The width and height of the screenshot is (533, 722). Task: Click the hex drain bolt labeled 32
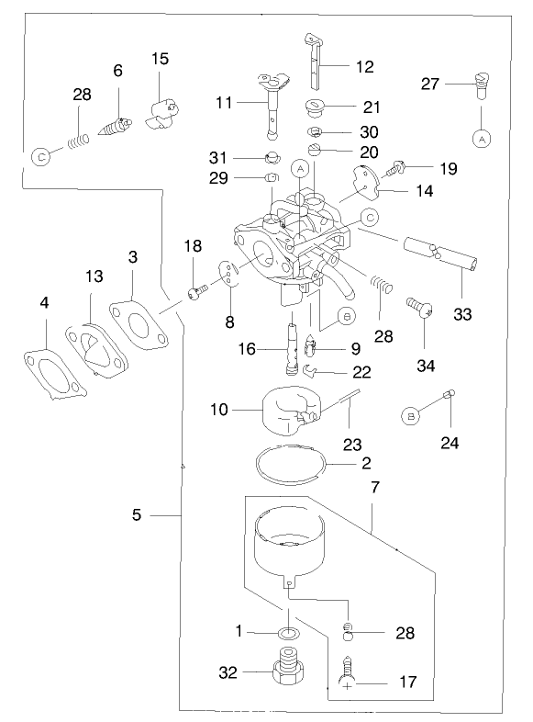(288, 673)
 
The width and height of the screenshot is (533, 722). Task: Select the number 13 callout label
(94, 276)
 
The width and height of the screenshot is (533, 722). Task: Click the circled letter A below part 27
(480, 138)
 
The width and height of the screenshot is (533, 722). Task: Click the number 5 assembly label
(137, 516)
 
